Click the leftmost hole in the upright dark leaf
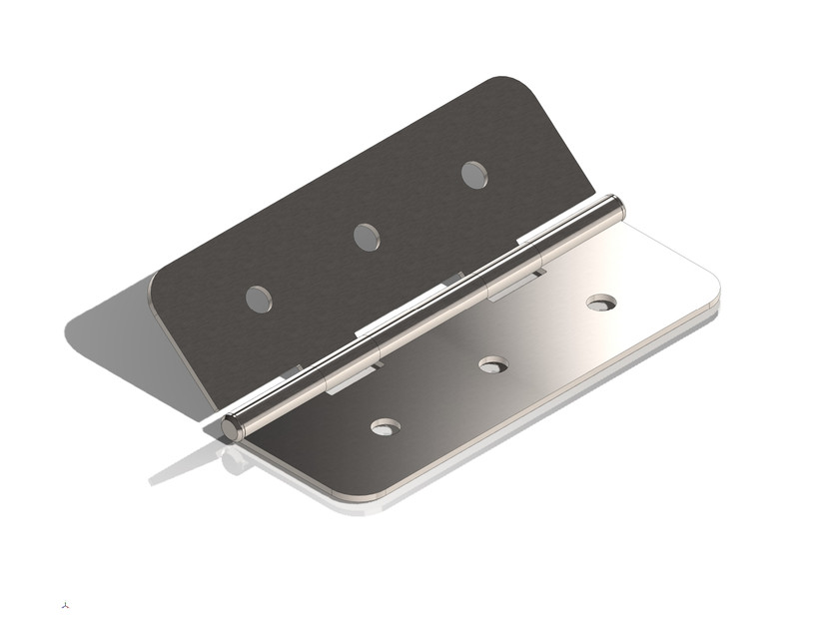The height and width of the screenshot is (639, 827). pyautogui.click(x=259, y=299)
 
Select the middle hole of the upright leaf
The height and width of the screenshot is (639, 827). pyautogui.click(x=367, y=237)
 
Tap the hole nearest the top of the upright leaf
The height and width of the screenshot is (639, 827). pyautogui.click(x=474, y=175)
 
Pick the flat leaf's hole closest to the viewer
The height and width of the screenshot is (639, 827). pyautogui.click(x=386, y=426)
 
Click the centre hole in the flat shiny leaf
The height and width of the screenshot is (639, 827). pyautogui.click(x=493, y=364)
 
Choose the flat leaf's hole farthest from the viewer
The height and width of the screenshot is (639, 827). pyautogui.click(x=601, y=302)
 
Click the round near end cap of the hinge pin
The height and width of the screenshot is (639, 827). pyautogui.click(x=232, y=429)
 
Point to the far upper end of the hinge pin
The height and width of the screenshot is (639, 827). pyautogui.click(x=616, y=207)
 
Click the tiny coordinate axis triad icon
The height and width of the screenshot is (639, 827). pyautogui.click(x=66, y=604)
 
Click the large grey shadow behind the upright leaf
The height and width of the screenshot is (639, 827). pyautogui.click(x=110, y=329)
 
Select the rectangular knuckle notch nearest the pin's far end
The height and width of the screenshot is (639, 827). pyautogui.click(x=515, y=283)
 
